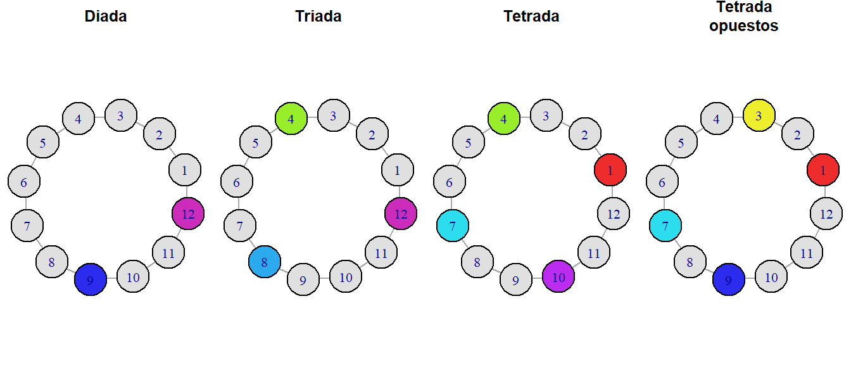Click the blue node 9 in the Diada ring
coord(91,280)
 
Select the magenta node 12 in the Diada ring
coord(188,214)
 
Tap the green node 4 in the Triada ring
coord(291,118)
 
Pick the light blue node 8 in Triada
coord(265,262)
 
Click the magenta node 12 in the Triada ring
coord(401,214)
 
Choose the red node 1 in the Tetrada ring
coord(610,170)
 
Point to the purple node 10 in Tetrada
coord(558,276)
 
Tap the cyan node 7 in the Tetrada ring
coord(453,226)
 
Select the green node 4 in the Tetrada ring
coord(504,118)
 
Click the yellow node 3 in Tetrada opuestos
coord(759,115)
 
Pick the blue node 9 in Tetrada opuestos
coord(729,280)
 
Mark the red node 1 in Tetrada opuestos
coord(823,170)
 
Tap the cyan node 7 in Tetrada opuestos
coord(665,226)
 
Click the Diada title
coord(106,16)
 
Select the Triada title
coord(318,16)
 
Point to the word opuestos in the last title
coord(744,26)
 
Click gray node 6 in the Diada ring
coord(24,182)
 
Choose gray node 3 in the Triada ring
coord(334,115)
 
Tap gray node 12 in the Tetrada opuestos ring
coord(826,214)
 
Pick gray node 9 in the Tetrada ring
coord(516,280)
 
